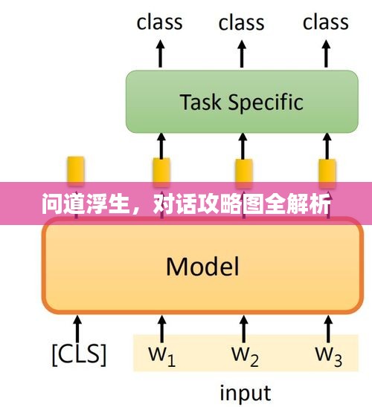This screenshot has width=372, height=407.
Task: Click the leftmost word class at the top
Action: point(159,22)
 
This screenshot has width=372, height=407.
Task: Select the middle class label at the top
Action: point(242,23)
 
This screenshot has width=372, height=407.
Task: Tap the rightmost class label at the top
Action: point(325,22)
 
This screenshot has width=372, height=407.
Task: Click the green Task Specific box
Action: point(242,102)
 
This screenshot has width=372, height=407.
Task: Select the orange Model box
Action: point(202,266)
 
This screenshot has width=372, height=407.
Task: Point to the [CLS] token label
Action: point(79,354)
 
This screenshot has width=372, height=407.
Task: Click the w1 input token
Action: point(161,356)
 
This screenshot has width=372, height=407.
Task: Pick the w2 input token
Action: point(245,356)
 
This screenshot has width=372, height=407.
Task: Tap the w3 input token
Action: point(329,356)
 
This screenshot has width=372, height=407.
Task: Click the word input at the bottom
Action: point(246,393)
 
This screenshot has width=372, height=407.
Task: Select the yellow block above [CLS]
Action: point(76,171)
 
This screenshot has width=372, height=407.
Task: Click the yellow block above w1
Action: point(161,172)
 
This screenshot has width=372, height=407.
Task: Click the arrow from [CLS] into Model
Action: point(77,328)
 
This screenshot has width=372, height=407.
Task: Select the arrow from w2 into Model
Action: point(243,328)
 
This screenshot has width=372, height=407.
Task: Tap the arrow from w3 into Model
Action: point(328,328)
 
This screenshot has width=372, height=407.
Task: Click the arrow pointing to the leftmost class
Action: point(160,53)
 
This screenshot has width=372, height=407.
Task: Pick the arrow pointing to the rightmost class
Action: point(326,53)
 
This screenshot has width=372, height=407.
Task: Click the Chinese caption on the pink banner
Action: point(186,204)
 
